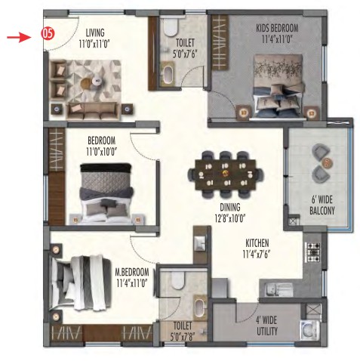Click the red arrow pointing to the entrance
[19, 38]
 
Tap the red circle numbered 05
[48, 33]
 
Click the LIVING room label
[95, 32]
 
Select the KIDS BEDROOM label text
[277, 28]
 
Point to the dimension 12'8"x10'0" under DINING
[230, 218]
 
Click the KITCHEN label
[257, 243]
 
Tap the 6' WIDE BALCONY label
[322, 205]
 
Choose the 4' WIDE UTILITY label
[266, 326]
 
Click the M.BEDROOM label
[132, 272]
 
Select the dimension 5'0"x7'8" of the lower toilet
[183, 337]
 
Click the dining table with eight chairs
[226, 174]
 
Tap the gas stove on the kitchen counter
[312, 252]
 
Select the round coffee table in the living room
[86, 82]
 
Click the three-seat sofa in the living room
[93, 111]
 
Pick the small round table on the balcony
[327, 162]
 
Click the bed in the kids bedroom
[279, 86]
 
